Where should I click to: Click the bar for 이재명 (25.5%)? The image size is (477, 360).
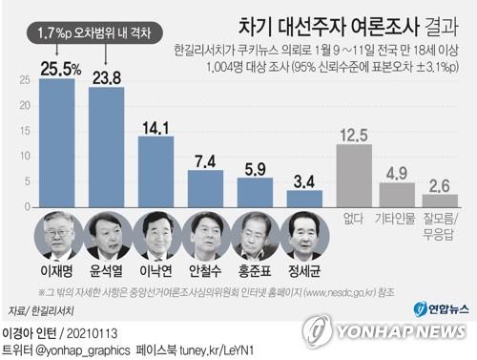[x=56, y=142]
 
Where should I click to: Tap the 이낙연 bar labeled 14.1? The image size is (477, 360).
[x=156, y=171]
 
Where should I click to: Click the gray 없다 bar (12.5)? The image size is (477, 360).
[x=354, y=175]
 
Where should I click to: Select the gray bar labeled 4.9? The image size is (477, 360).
[x=397, y=195]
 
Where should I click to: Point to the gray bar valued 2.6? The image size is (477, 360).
[x=440, y=201]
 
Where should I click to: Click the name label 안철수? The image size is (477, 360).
[x=205, y=270]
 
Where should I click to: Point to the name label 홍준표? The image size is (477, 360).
[x=255, y=270]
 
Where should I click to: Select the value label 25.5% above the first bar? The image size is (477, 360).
[x=57, y=68]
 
